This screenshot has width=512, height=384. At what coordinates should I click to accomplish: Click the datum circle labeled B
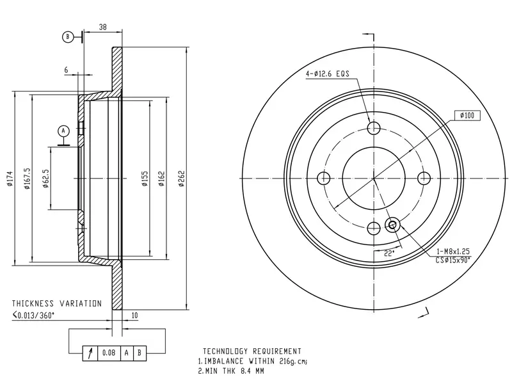(68, 37)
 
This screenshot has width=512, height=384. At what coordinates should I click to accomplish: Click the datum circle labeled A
(63, 131)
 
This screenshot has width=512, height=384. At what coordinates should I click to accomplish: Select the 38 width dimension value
(103, 27)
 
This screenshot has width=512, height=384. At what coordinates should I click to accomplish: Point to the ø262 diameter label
(182, 179)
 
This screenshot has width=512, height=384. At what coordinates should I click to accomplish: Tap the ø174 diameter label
(10, 179)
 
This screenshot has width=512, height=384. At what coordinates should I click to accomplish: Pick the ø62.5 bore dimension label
(45, 179)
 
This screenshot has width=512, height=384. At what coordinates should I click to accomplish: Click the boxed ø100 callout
(467, 115)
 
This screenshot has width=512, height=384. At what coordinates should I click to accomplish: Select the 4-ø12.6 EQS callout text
(328, 74)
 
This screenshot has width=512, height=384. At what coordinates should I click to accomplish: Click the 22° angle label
(389, 253)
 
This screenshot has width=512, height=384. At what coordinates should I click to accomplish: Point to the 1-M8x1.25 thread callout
(453, 251)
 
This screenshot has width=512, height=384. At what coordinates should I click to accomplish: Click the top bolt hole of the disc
(374, 128)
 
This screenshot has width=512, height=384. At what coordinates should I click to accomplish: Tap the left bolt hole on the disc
(324, 179)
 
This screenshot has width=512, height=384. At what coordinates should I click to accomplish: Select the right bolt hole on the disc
(424, 179)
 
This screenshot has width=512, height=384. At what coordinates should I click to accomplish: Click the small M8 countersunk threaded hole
(392, 225)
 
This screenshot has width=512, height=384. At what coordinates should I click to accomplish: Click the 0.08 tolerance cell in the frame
(109, 353)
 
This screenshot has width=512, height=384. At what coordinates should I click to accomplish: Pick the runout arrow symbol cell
(90, 353)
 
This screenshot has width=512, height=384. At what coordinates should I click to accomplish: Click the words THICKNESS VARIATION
(57, 303)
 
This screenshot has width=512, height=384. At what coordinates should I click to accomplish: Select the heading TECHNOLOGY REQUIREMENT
(252, 351)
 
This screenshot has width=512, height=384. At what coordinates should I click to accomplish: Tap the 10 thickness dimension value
(134, 316)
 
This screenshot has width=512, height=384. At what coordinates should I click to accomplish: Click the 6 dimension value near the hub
(67, 70)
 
